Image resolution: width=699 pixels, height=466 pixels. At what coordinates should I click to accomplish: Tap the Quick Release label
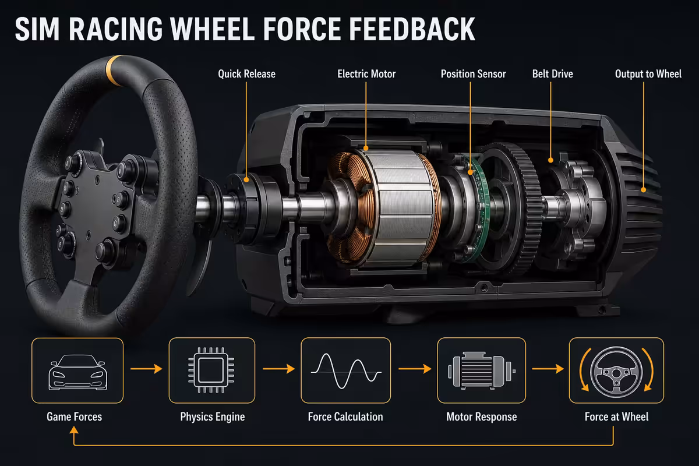246,74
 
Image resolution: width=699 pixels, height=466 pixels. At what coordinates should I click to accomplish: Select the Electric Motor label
366,74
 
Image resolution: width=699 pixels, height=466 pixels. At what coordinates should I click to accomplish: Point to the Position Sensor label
473,74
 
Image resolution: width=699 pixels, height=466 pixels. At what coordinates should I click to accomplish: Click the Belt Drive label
552,74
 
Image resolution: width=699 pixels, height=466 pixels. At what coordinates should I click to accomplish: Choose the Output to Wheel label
648,74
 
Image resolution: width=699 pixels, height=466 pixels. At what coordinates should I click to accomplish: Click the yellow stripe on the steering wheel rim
115,70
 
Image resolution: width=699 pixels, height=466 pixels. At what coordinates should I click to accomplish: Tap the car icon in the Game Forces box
77,372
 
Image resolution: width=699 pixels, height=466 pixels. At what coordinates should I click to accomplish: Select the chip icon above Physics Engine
211,370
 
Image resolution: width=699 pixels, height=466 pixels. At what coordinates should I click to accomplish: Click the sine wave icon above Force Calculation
346,371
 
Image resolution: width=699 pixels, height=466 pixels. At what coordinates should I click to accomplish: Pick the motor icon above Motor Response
482,371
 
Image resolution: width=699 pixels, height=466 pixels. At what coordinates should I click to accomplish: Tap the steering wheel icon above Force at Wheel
616,372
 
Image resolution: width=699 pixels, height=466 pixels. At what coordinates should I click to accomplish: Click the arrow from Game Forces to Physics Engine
146,369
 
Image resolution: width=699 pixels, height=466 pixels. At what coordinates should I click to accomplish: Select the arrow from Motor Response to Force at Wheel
548,369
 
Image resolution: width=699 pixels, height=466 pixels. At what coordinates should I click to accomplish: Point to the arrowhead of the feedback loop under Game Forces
74,430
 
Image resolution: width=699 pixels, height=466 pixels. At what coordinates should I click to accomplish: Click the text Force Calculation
345,417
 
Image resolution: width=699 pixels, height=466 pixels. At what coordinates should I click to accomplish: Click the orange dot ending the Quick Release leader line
246,180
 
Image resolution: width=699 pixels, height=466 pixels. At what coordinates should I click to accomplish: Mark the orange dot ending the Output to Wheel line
644,190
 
